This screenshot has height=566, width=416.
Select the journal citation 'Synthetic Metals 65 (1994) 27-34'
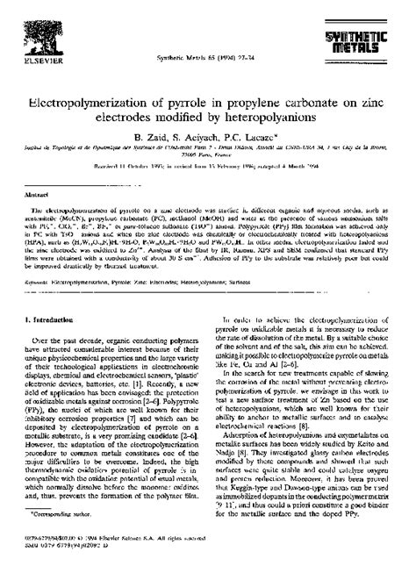point(208,58)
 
